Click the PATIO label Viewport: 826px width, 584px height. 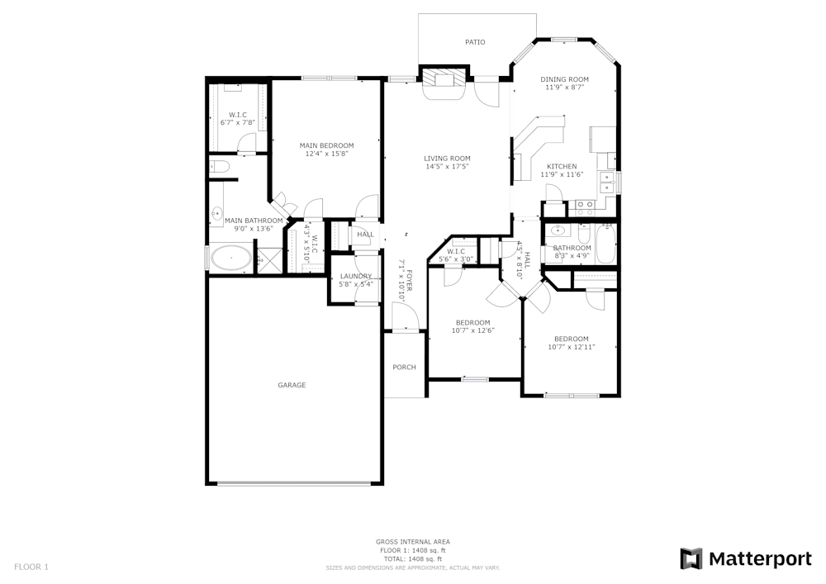pos(475,42)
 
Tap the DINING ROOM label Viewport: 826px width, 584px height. pos(565,79)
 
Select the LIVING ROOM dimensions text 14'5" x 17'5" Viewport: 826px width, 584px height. pos(447,167)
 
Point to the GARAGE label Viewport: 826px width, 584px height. pos(292,385)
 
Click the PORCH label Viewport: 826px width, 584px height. pos(404,368)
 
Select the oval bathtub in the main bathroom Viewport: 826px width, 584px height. pos(230,259)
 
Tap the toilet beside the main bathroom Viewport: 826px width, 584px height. pos(218,168)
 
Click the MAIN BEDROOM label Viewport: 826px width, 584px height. pos(326,145)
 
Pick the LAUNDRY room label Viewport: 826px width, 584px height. pos(356,276)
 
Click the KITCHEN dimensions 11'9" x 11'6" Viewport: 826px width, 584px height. pos(562,174)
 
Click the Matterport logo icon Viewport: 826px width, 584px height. pos(691,559)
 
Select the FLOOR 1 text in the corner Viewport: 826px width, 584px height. pos(31,567)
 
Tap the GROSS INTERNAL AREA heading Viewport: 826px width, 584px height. pos(413,542)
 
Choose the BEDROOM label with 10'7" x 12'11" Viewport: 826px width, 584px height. pos(571,339)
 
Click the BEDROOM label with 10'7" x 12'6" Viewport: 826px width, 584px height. pos(472,322)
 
